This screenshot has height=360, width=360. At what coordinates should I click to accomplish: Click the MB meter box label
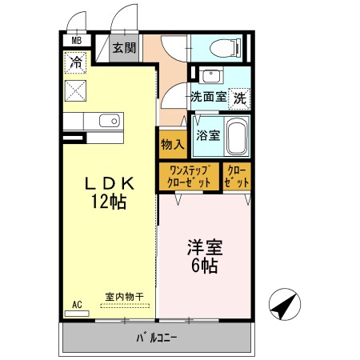pos(77,40)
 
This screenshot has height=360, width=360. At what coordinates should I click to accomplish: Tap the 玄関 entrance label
pos(123,48)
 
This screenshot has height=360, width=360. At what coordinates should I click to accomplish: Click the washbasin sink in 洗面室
pos(212,78)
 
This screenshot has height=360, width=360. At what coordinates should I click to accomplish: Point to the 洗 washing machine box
pos(239,98)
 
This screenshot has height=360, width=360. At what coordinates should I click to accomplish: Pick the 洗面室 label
pos(207,98)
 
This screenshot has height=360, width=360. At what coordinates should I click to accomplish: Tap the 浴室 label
pos(209,136)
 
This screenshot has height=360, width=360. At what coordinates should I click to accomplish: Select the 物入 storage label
pos(172,146)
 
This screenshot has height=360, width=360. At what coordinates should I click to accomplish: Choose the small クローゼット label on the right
pos(235,176)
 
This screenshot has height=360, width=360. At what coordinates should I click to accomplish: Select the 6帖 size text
pos(202,266)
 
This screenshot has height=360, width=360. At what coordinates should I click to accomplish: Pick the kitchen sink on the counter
pos(108,122)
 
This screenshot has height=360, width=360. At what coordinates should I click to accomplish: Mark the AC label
pos(78,304)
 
